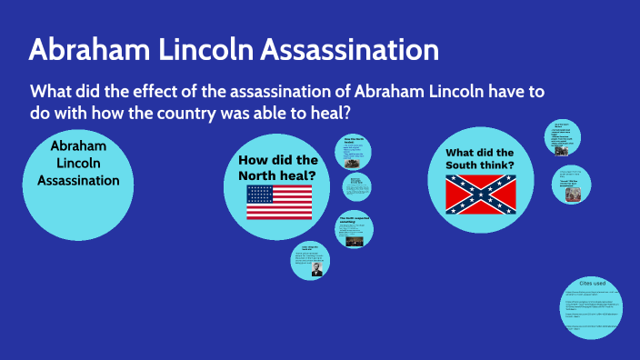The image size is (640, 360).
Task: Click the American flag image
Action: [x=279, y=202]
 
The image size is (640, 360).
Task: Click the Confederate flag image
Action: [x=480, y=195]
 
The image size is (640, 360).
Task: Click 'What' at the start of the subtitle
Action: [x=51, y=92]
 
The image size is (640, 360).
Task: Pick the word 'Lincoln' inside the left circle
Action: [x=78, y=163]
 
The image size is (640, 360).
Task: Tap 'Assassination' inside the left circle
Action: [x=78, y=180]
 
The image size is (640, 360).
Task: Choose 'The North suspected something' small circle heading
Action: [x=354, y=220]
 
